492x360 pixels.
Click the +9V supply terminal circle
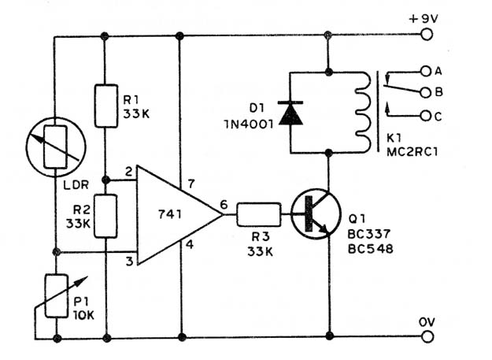(426, 34)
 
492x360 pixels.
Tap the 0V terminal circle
(427, 336)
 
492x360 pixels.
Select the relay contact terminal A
(426, 71)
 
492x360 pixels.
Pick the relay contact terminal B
(425, 93)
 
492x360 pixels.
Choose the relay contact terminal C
(425, 116)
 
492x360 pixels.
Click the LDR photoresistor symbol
(56, 147)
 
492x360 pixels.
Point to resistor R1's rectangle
(106, 106)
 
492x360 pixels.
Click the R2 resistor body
(105, 216)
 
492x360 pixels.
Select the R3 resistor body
(258, 215)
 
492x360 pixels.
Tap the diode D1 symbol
(290, 113)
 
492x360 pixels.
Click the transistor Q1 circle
(316, 214)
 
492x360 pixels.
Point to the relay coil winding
(364, 112)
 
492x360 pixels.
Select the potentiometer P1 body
(57, 295)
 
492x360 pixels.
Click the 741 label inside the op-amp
(170, 214)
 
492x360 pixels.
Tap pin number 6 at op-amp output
(224, 205)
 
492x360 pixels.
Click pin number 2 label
(129, 172)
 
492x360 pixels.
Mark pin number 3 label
(129, 261)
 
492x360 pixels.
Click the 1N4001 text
(248, 124)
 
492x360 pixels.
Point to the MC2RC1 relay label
(412, 152)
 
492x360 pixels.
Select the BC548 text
(370, 249)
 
